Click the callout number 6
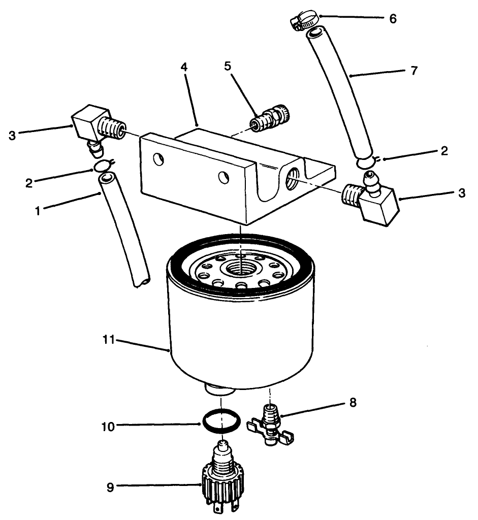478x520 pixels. (x=392, y=19)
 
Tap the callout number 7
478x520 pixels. (x=414, y=70)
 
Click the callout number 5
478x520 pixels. (x=228, y=66)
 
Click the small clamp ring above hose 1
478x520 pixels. (x=102, y=165)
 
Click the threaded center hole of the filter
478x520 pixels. (x=243, y=266)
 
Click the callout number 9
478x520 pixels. (x=110, y=488)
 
